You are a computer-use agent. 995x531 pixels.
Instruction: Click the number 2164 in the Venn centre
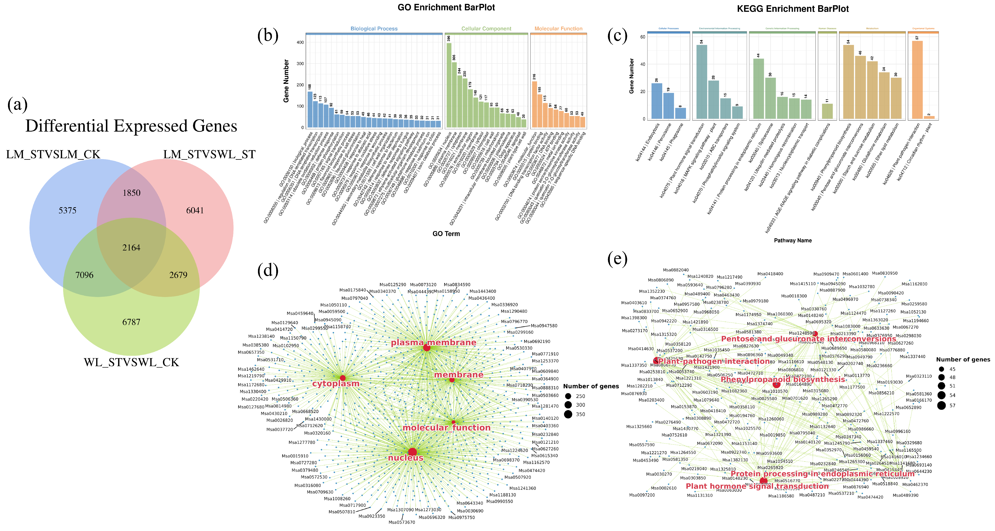pyautogui.click(x=131, y=247)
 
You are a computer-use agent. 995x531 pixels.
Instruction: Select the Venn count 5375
pyautogui.click(x=68, y=211)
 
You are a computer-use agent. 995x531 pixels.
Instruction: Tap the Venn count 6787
pyautogui.click(x=131, y=322)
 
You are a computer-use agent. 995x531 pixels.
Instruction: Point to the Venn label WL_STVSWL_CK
pyautogui.click(x=131, y=362)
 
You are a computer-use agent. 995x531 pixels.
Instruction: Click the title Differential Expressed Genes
pyautogui.click(x=131, y=126)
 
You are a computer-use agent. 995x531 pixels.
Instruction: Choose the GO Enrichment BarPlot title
pyautogui.click(x=446, y=7)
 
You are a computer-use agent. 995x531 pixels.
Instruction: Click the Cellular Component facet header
pyautogui.click(x=486, y=28)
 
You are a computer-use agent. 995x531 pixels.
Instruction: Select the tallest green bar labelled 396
pyautogui.click(x=449, y=85)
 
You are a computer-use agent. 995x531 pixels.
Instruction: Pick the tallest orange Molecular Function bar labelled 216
pyautogui.click(x=535, y=104)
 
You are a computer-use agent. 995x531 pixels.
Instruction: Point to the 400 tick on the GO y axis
pyautogui.click(x=300, y=42)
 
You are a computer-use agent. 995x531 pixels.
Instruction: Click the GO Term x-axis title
pyautogui.click(x=446, y=234)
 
